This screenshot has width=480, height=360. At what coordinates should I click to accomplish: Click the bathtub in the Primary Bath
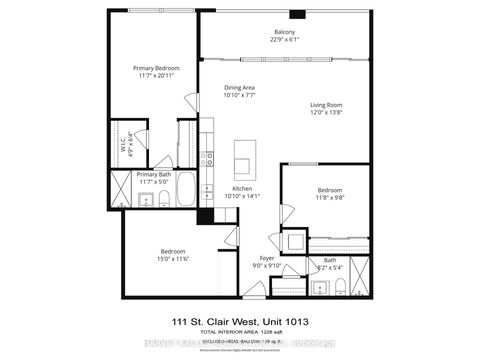tap(186, 201)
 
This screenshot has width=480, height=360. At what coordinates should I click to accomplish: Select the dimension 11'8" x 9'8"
tap(330, 198)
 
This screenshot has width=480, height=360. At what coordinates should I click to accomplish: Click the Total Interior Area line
tap(240, 331)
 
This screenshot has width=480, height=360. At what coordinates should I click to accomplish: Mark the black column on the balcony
tap(297, 15)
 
